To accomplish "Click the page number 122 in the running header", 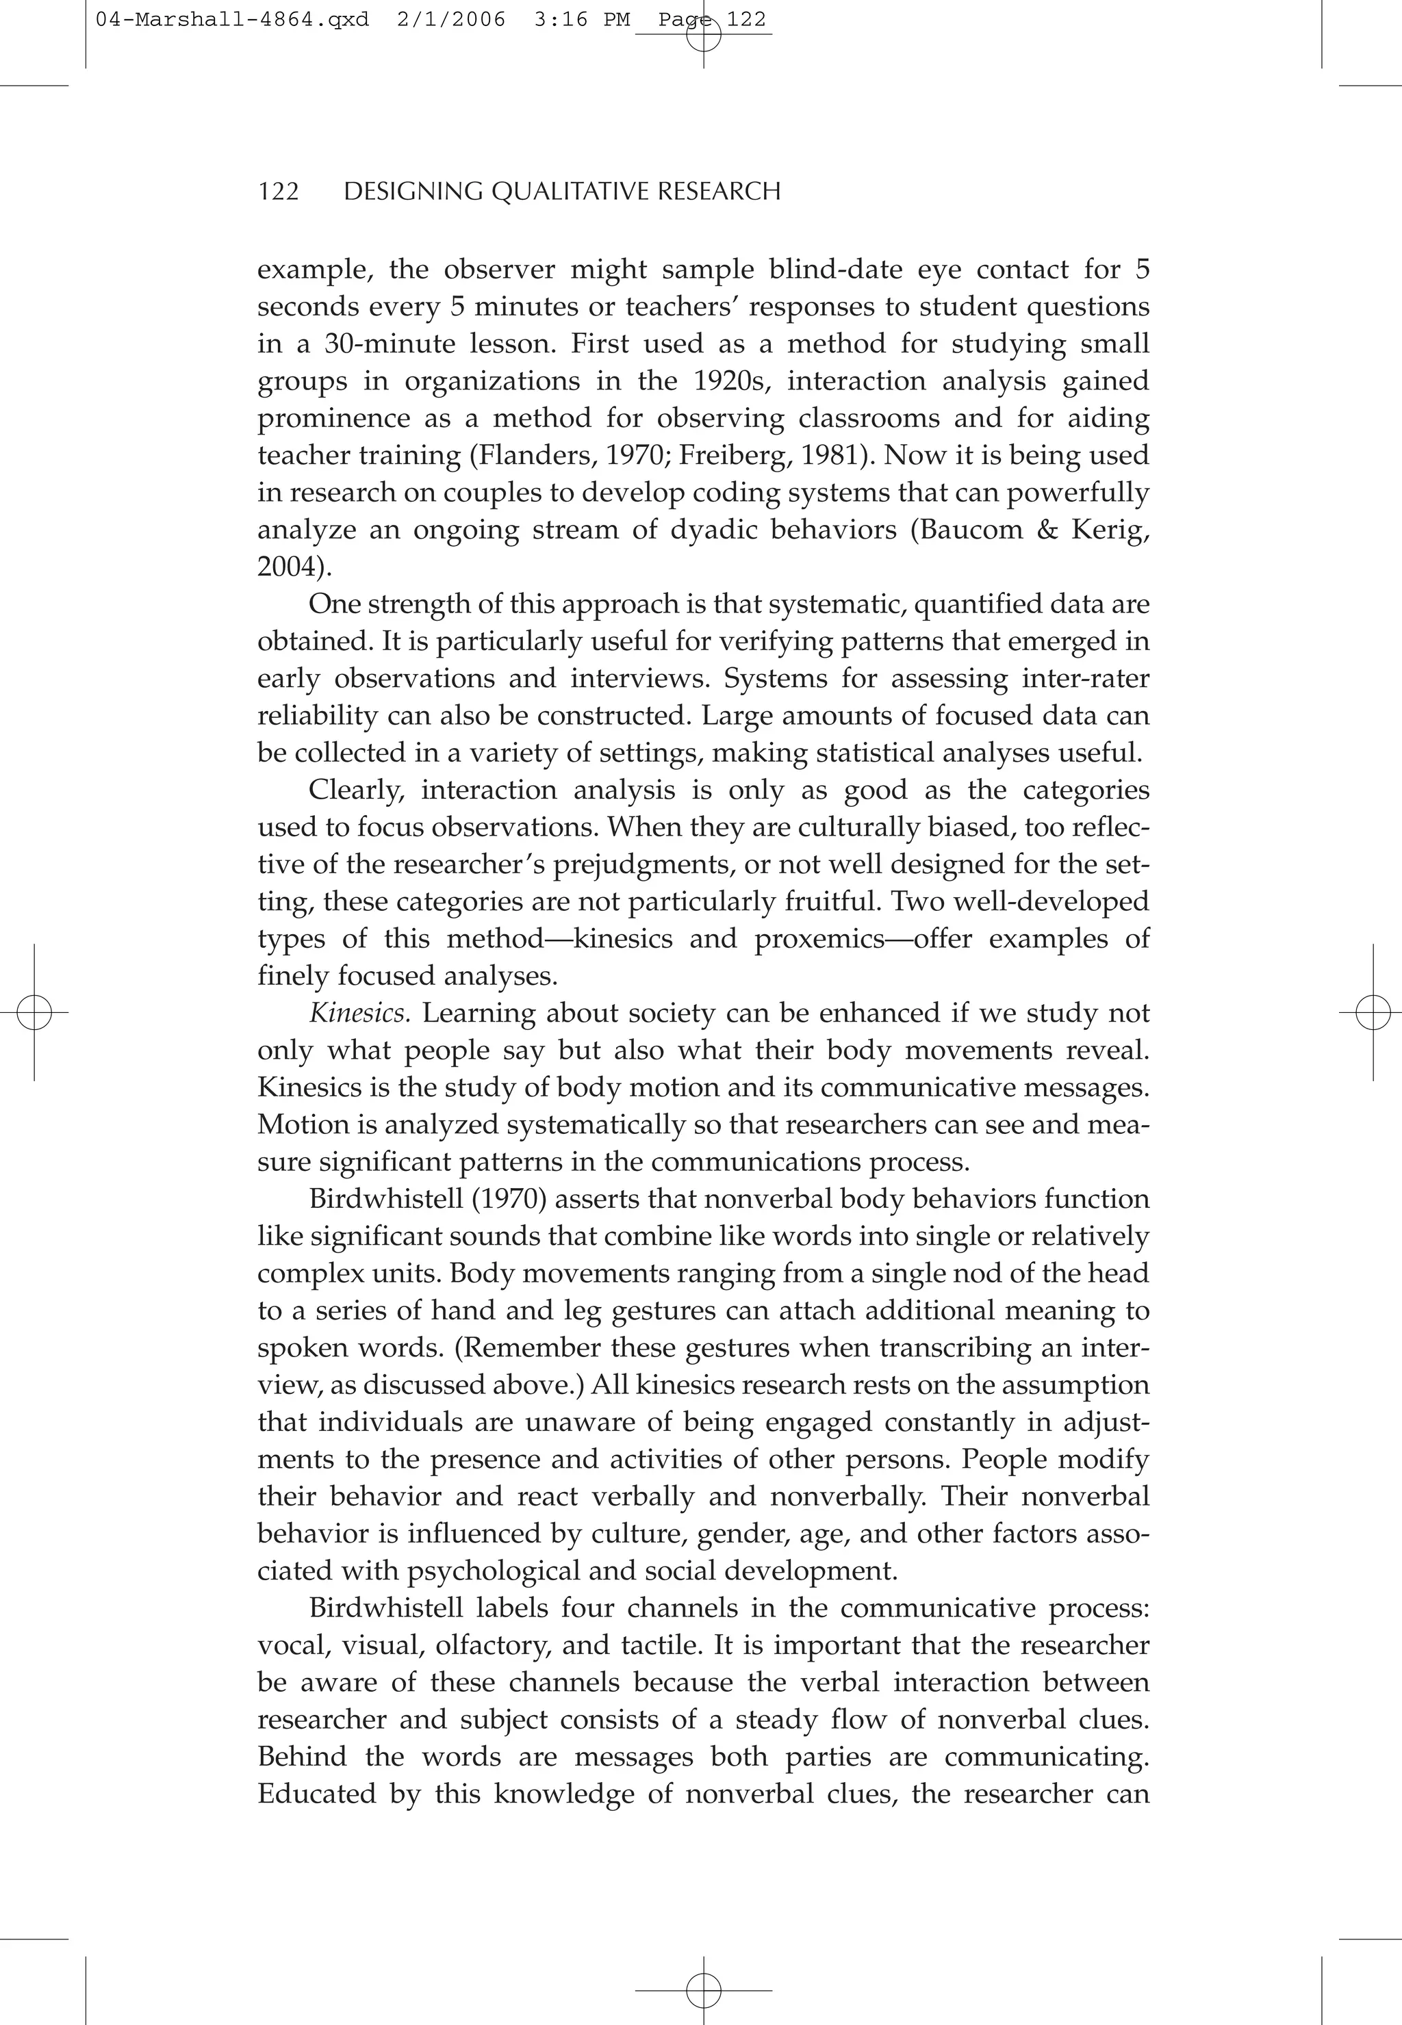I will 279,192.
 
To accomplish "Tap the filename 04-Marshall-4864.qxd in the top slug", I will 232,19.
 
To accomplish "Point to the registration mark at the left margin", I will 34,1013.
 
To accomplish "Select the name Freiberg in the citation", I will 726,455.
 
